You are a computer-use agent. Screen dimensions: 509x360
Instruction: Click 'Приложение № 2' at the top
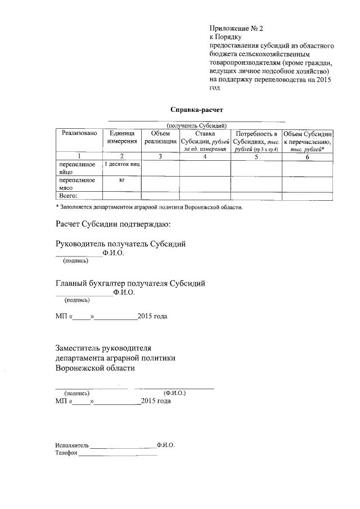click(232, 28)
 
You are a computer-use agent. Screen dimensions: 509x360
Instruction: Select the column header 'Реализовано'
click(79, 133)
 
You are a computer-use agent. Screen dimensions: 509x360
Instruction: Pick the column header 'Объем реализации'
click(160, 137)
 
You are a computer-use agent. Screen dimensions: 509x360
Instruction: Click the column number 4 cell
click(205, 156)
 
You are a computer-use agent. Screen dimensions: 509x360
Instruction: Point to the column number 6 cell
click(307, 156)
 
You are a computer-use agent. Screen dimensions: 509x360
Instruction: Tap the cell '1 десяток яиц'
click(121, 164)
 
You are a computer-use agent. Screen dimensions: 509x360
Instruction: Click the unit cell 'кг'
click(121, 181)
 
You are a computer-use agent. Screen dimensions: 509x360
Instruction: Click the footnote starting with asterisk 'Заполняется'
click(149, 207)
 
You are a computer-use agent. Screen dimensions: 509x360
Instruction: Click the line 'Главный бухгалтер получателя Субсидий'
click(130, 283)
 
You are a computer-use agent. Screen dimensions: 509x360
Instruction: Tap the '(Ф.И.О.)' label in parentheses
click(174, 393)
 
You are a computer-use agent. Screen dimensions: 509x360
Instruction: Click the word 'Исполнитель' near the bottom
click(71, 444)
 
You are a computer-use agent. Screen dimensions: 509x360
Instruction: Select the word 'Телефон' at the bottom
click(66, 453)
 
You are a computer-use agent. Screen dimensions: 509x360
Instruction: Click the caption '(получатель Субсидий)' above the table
click(196, 125)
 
